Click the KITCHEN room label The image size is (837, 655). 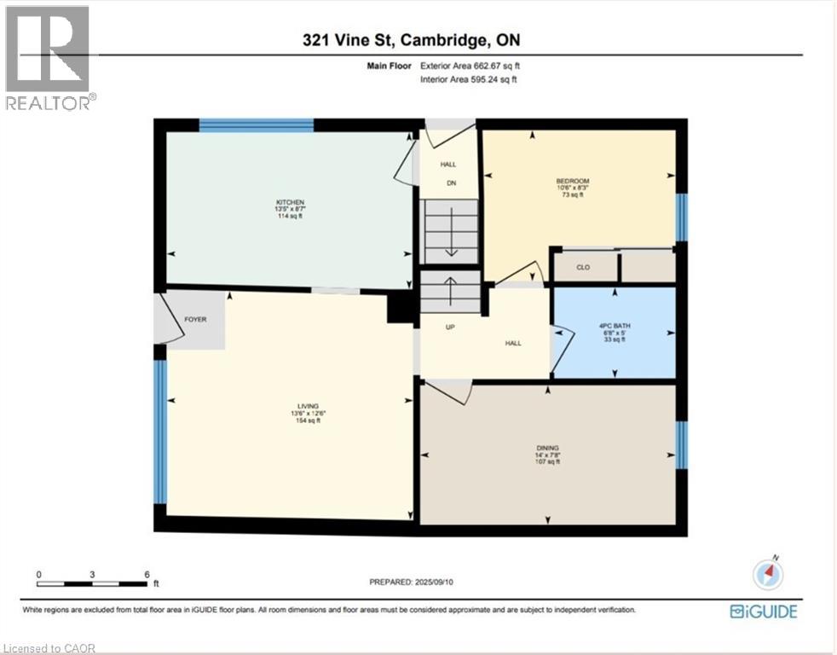tap(290, 202)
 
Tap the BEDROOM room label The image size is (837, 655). tap(572, 181)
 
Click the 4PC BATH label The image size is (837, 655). tap(614, 325)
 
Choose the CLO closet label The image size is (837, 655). tap(583, 267)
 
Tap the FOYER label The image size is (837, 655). tap(195, 320)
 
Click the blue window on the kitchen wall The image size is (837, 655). tap(257, 125)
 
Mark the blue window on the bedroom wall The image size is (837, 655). tap(680, 217)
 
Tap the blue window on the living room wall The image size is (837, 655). tap(159, 432)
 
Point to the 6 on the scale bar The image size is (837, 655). tap(147, 574)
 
